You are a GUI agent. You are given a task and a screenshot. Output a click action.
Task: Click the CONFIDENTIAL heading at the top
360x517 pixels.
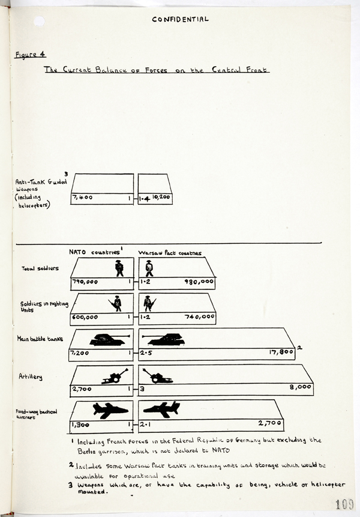pyautogui.click(x=180, y=19)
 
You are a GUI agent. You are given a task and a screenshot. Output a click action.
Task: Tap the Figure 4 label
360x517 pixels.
pyautogui.click(x=26, y=54)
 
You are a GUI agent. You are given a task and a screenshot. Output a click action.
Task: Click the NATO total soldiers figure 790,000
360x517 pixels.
pyautogui.click(x=85, y=281)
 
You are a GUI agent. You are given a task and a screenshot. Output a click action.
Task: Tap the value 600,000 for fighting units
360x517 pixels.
pyautogui.click(x=85, y=316)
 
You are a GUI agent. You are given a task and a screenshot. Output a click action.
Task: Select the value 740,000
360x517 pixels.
pyautogui.click(x=197, y=316)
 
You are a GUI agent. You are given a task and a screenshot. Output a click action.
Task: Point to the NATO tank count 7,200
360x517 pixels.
pyautogui.click(x=80, y=352)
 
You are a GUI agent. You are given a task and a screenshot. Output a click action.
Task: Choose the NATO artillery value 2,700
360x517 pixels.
pyautogui.click(x=82, y=389)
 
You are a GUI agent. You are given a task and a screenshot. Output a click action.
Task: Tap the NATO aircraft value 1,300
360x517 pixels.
pyautogui.click(x=82, y=424)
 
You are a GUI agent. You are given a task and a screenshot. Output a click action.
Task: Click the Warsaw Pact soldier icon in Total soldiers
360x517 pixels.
pyautogui.click(x=149, y=268)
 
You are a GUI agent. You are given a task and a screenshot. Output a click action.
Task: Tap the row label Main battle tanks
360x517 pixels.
pyautogui.click(x=40, y=339)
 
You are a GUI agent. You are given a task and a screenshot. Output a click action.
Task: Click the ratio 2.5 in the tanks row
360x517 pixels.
pyautogui.click(x=146, y=352)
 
